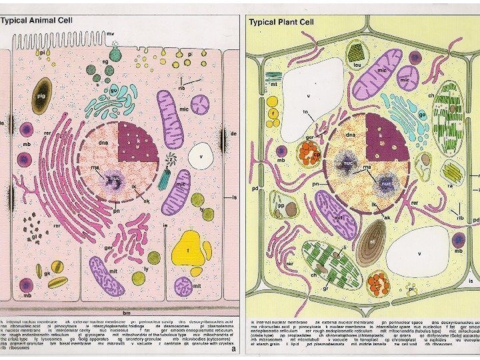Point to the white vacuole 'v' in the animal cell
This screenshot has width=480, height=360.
click(201, 157)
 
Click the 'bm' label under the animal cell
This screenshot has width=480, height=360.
click(126, 311)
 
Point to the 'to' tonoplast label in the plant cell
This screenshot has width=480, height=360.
click(306, 112)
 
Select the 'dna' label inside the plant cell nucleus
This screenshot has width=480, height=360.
click(351, 135)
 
